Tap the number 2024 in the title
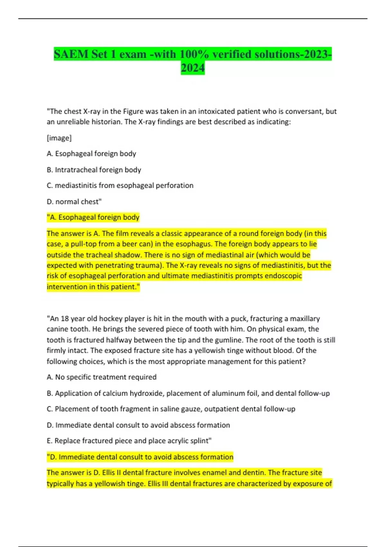[x=193, y=68]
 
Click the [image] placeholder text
[x=59, y=138]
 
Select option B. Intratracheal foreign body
[x=94, y=170]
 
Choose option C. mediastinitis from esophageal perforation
[x=120, y=185]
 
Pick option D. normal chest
[x=74, y=201]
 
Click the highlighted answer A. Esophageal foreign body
[x=93, y=217]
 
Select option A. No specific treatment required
[x=102, y=377]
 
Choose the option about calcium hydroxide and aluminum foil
[x=188, y=393]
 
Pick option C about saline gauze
[x=171, y=409]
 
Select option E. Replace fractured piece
[x=129, y=441]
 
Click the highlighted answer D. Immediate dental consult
[x=140, y=457]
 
